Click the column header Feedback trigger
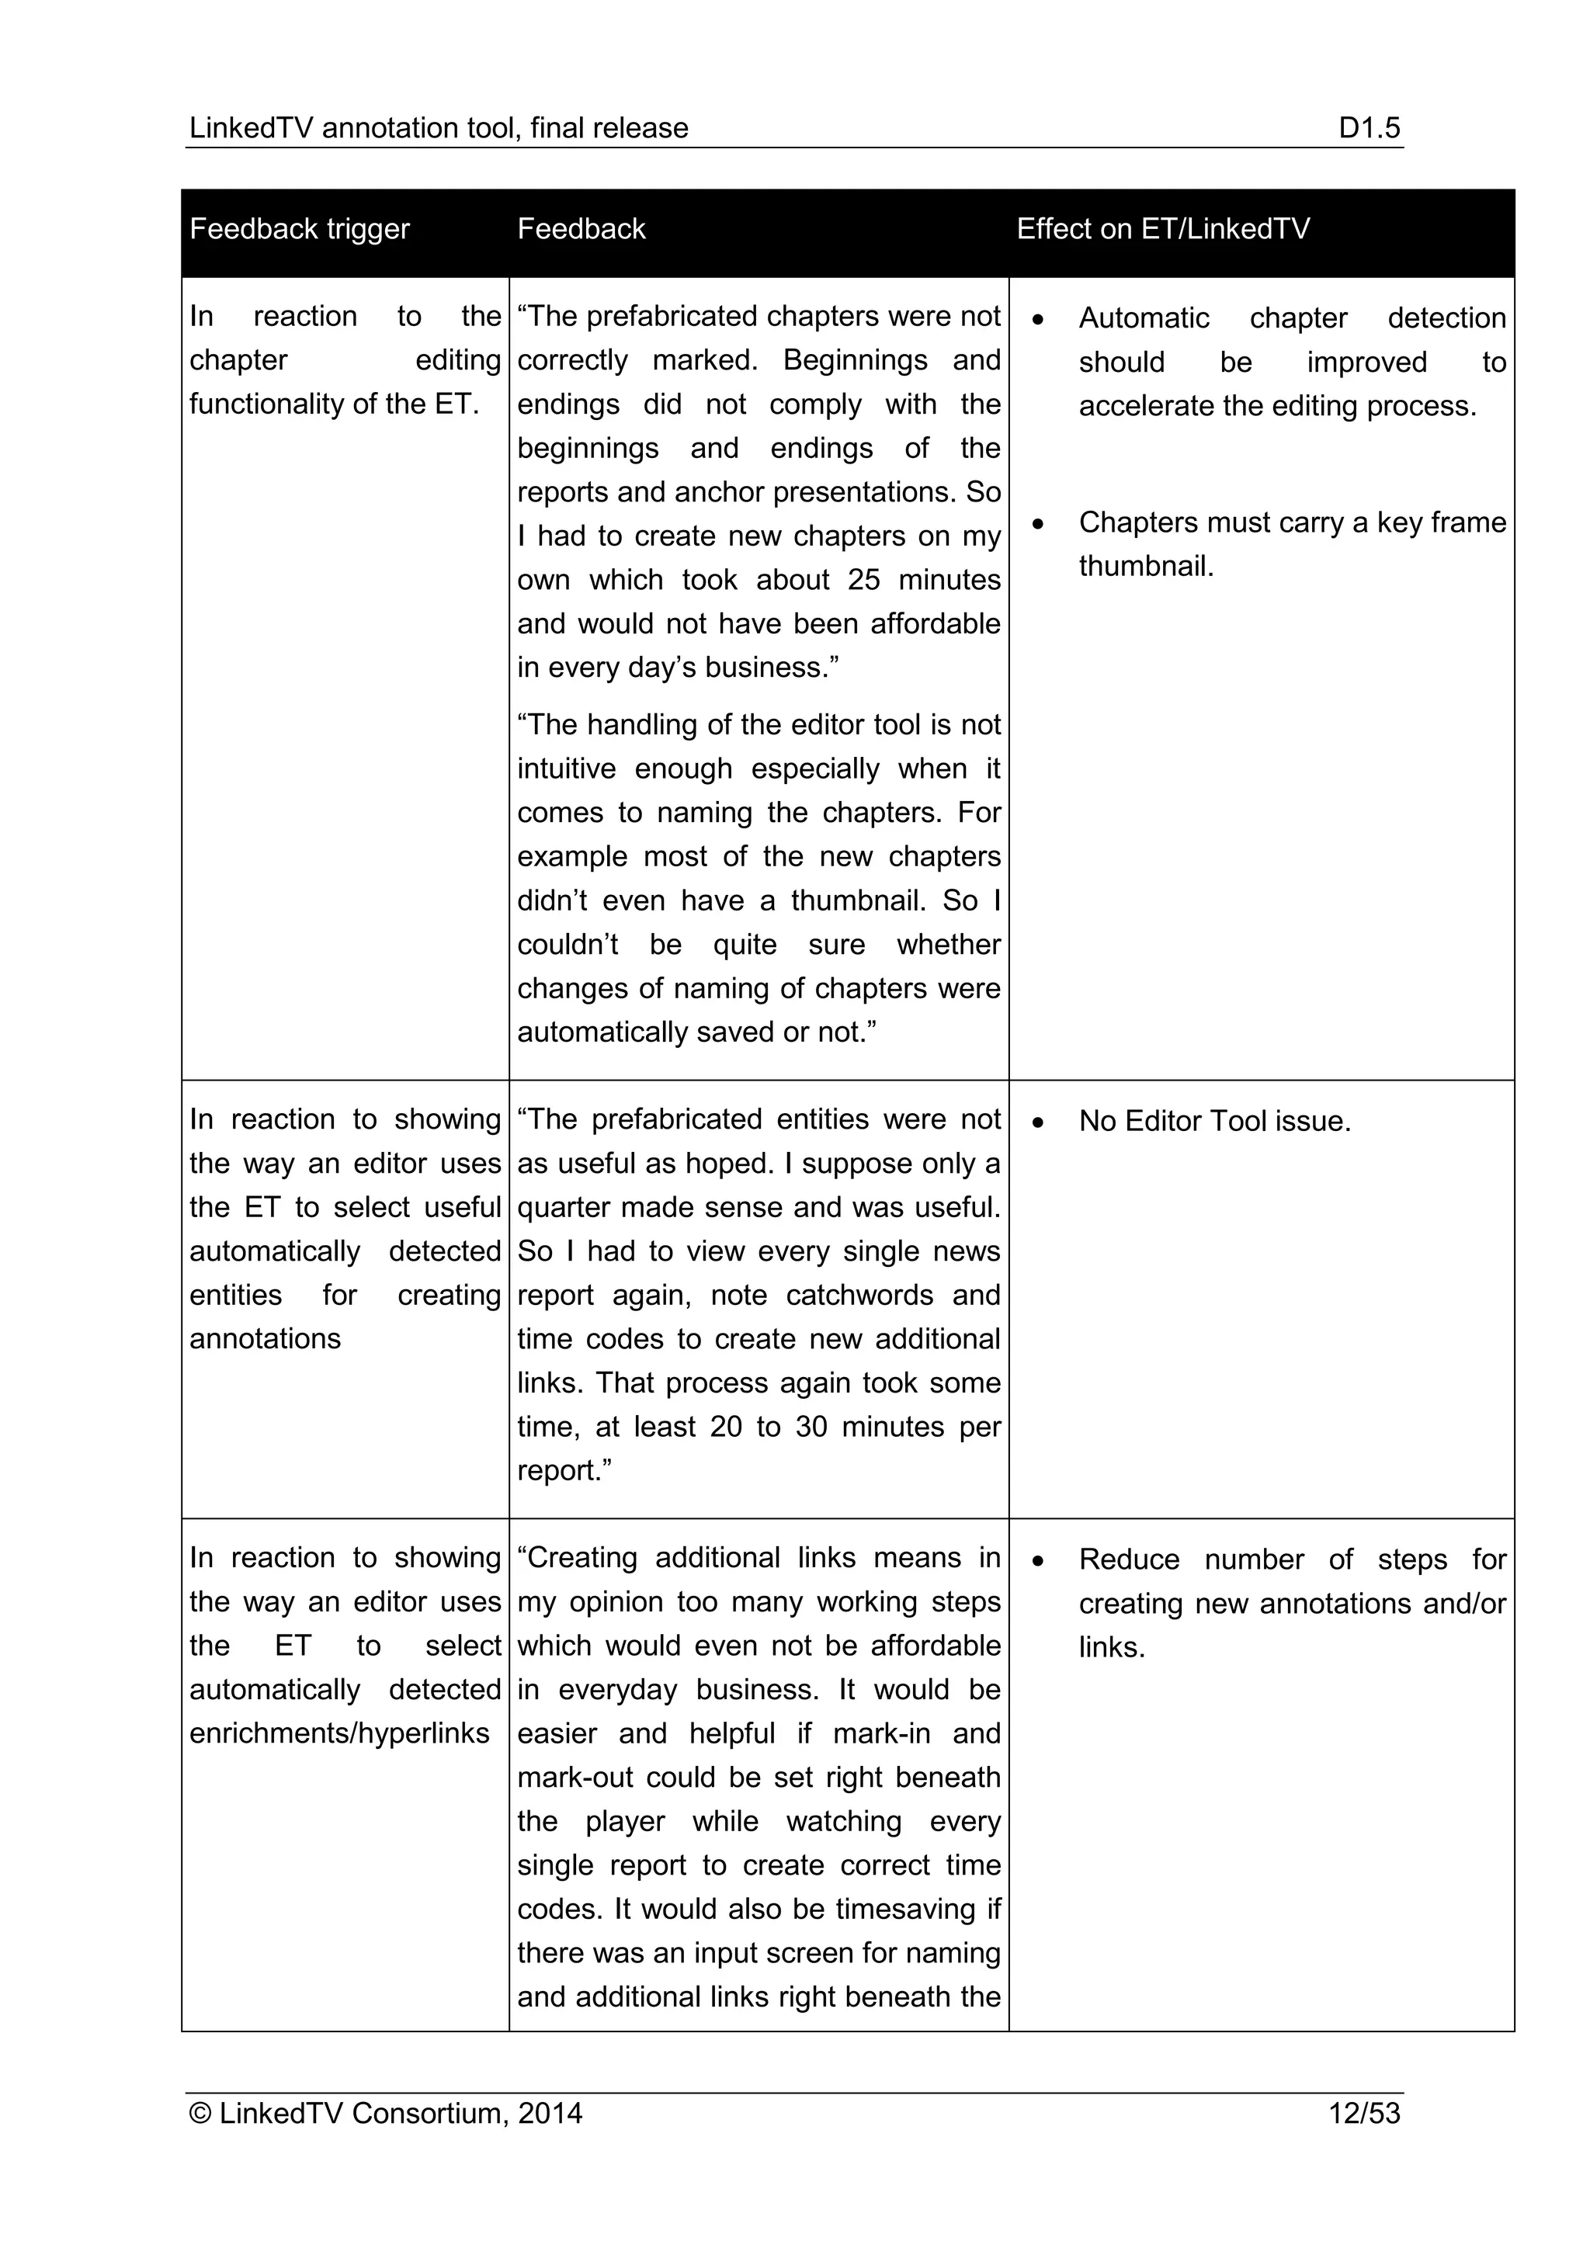click(x=299, y=229)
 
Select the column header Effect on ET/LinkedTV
click(x=1162, y=229)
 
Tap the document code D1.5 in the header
click(x=1369, y=128)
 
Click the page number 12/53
click(x=1364, y=2113)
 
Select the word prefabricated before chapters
click(x=672, y=316)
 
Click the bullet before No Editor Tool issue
click(x=1038, y=1122)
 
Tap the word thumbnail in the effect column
click(x=1145, y=566)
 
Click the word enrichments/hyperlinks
click(x=338, y=1733)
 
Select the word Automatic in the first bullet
click(x=1144, y=318)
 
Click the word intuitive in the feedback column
click(x=566, y=768)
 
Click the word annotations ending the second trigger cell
click(x=266, y=1338)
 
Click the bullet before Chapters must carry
click(x=1038, y=524)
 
